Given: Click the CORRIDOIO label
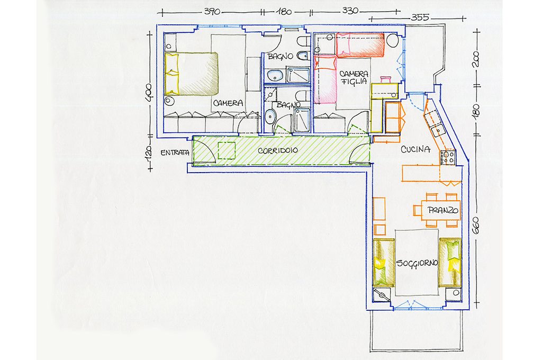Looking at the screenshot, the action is pyautogui.click(x=278, y=151).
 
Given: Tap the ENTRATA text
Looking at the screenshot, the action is pyautogui.click(x=175, y=152).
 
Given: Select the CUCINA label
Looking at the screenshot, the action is pyautogui.click(x=415, y=149).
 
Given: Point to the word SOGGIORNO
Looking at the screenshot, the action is pyautogui.click(x=417, y=263).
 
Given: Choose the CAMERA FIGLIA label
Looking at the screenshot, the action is pyautogui.click(x=354, y=77).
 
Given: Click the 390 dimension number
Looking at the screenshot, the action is pyautogui.click(x=212, y=12).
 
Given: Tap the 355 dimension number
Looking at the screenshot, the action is pyautogui.click(x=420, y=17).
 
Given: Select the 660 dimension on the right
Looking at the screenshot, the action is pyautogui.click(x=476, y=226).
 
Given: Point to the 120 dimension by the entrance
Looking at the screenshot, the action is pyautogui.click(x=148, y=153).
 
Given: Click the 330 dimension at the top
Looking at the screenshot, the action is pyautogui.click(x=350, y=11).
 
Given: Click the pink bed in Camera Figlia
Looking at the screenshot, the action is pyautogui.click(x=326, y=79).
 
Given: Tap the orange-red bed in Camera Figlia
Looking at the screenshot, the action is pyautogui.click(x=360, y=44).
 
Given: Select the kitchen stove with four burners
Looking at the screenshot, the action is pyautogui.click(x=448, y=158).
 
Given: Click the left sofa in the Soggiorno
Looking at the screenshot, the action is pyautogui.click(x=384, y=262).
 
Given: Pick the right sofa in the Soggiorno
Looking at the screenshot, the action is pyautogui.click(x=450, y=263).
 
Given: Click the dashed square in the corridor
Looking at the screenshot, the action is pyautogui.click(x=227, y=151).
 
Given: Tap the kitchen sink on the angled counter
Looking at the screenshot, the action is pyautogui.click(x=438, y=131).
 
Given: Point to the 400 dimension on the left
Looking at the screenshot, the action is pyautogui.click(x=148, y=92).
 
